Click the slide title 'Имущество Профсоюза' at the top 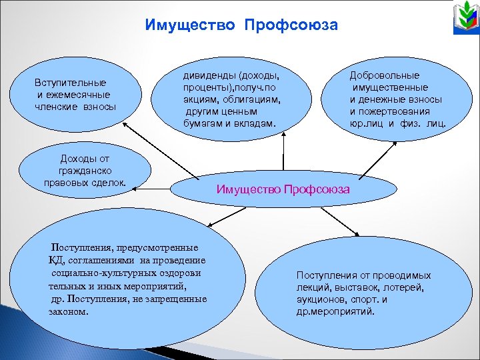241,25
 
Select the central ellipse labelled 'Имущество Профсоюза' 283,189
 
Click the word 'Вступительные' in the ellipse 71,83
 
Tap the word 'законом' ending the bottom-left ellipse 69,311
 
